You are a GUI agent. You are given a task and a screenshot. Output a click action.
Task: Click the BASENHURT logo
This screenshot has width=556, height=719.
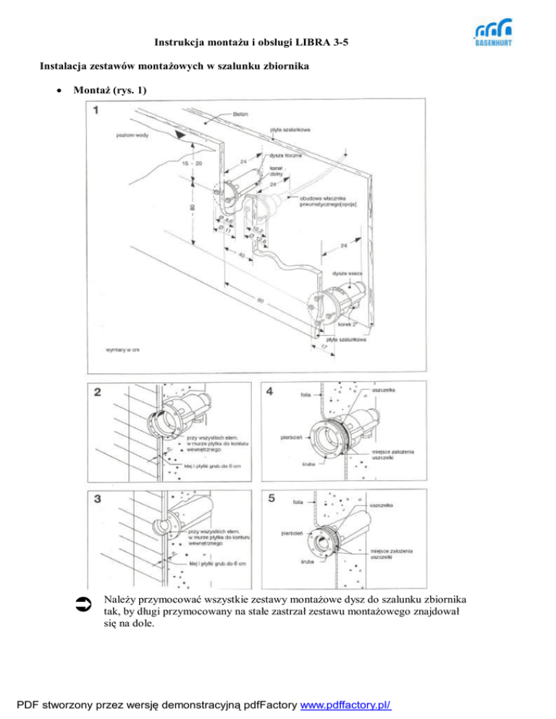pos(493,33)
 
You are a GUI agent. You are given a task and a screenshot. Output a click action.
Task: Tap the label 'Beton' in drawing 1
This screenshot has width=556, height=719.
pos(241,114)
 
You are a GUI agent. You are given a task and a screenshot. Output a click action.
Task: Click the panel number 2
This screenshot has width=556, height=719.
pos(98,393)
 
